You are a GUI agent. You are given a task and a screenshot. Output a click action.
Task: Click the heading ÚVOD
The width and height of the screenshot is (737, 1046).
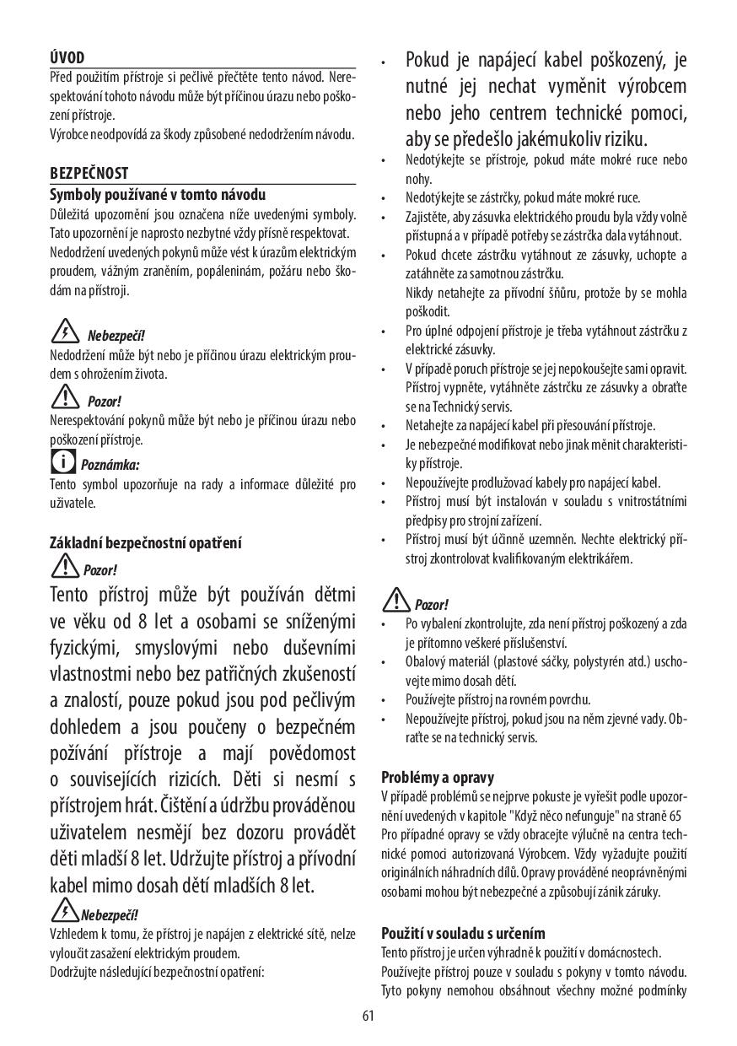(x=67, y=57)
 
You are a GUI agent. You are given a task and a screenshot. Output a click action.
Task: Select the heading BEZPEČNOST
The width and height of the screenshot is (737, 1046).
(x=89, y=173)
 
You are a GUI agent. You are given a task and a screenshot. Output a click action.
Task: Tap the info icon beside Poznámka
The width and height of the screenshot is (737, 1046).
(x=63, y=461)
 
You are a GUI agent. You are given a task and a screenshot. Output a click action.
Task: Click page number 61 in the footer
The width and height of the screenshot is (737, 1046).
(x=368, y=1015)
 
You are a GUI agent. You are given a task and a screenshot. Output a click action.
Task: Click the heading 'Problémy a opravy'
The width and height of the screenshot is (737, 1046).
(x=438, y=777)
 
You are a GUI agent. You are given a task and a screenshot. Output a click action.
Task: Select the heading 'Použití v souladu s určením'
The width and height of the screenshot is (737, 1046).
(x=463, y=933)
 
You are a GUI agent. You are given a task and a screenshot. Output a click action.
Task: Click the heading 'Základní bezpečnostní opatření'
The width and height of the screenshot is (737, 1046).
(x=145, y=542)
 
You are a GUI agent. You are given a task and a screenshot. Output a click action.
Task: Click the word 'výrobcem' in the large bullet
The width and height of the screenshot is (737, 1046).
(x=644, y=86)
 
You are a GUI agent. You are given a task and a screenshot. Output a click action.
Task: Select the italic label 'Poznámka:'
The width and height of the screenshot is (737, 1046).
(x=110, y=464)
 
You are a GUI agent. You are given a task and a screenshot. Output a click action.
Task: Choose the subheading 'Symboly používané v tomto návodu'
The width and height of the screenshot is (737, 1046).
(x=158, y=195)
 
